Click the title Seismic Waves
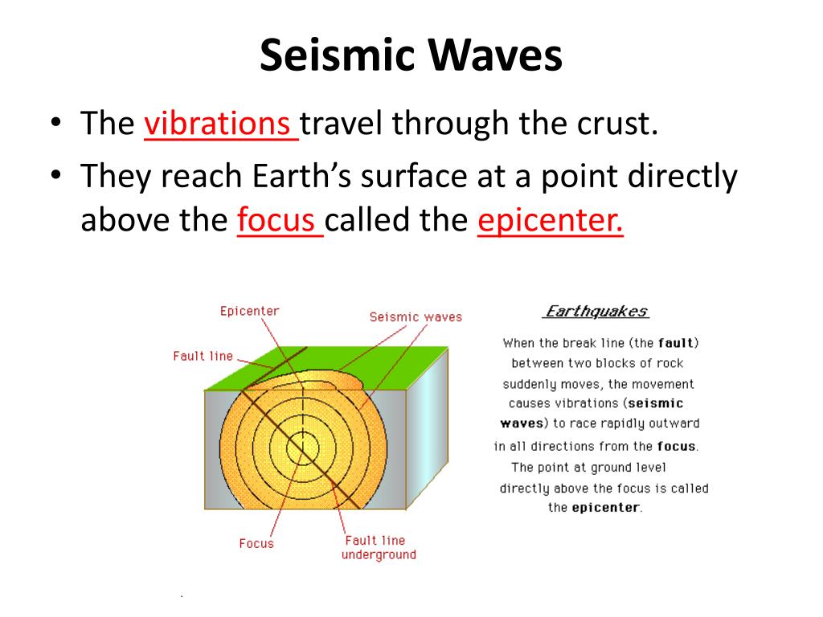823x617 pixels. click(x=411, y=56)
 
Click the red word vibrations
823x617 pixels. click(x=218, y=124)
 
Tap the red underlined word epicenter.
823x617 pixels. click(x=550, y=220)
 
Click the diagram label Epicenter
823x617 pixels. click(x=249, y=311)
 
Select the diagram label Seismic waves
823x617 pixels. click(x=416, y=317)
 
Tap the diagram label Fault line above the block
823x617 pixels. click(x=203, y=356)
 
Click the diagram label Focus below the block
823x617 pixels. click(x=256, y=543)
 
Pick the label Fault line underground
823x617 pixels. click(x=379, y=547)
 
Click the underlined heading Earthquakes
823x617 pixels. click(x=596, y=312)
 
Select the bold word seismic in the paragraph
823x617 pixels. click(x=655, y=402)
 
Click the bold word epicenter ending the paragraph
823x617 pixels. click(x=605, y=507)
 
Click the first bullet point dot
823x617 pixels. click(x=55, y=125)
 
